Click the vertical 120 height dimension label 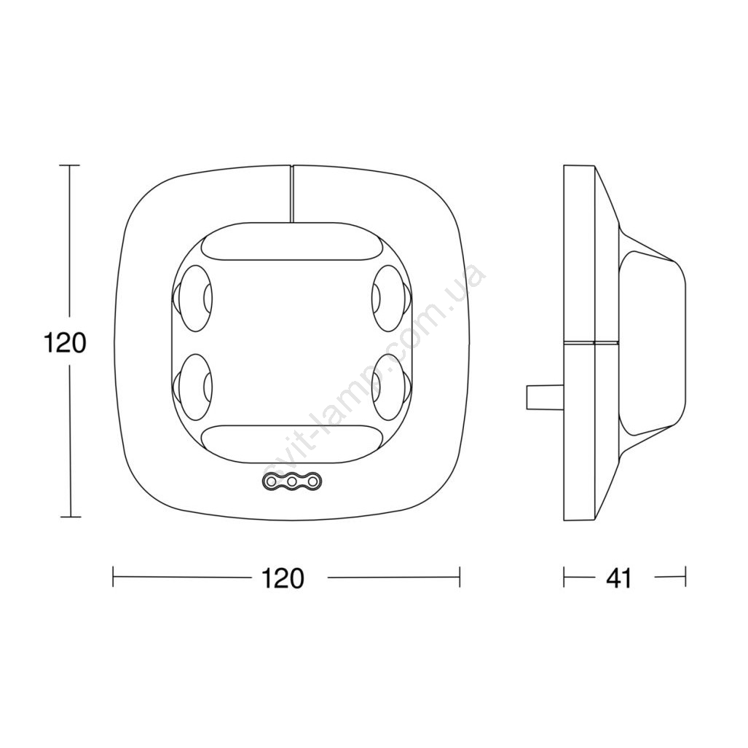(65, 342)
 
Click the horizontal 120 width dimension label (283, 578)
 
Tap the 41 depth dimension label (619, 578)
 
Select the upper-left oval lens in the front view (192, 298)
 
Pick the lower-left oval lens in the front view (192, 387)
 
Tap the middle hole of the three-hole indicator (292, 482)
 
